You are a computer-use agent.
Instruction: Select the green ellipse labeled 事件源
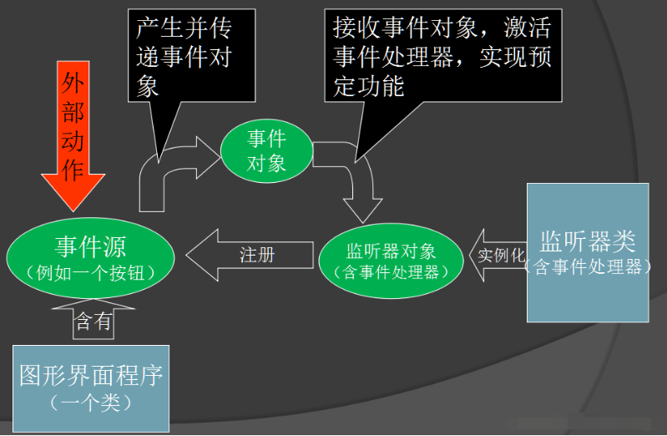pos(90,256)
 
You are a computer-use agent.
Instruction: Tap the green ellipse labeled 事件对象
pos(266,150)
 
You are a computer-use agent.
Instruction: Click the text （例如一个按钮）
pos(90,272)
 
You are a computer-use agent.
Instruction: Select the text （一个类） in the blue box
pos(91,403)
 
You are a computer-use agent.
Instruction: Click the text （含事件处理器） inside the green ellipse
pos(392,271)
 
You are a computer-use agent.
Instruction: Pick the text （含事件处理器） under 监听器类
pos(588,266)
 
